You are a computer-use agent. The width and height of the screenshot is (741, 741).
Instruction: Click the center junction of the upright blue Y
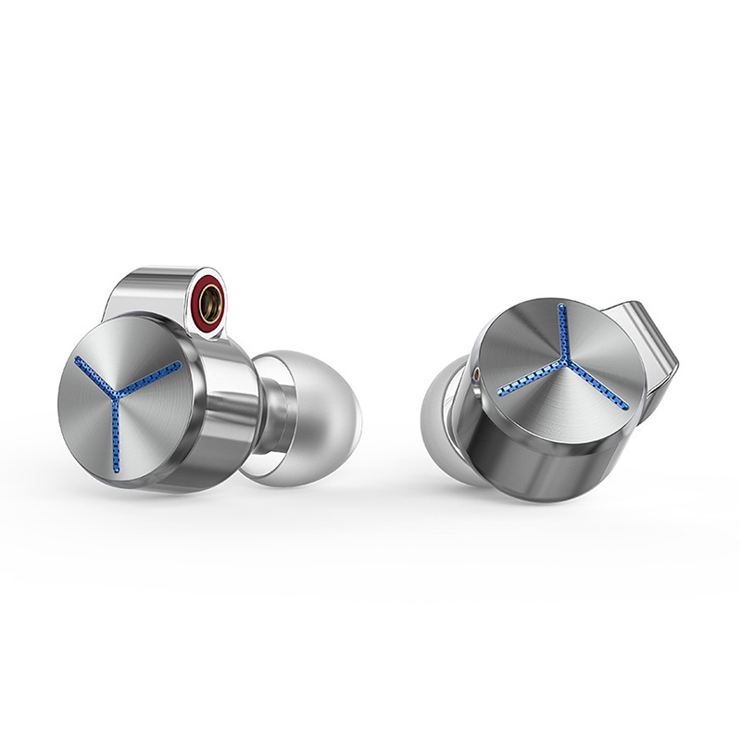coord(115,399)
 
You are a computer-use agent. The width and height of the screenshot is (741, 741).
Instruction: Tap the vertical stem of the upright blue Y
coord(116,435)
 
